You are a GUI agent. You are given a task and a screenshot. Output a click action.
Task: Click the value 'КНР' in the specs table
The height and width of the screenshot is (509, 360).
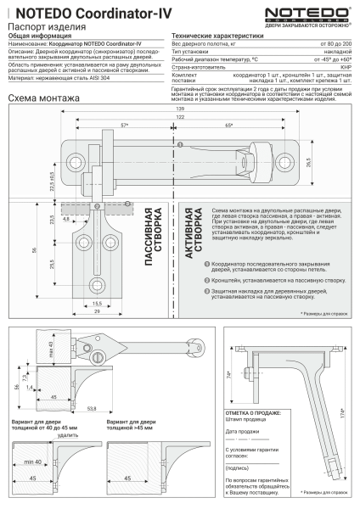[346, 68]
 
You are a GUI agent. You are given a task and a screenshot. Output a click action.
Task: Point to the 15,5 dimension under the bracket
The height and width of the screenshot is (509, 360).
[97, 304]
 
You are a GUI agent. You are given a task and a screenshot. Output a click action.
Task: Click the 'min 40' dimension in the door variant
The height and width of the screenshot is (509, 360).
[33, 461]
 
